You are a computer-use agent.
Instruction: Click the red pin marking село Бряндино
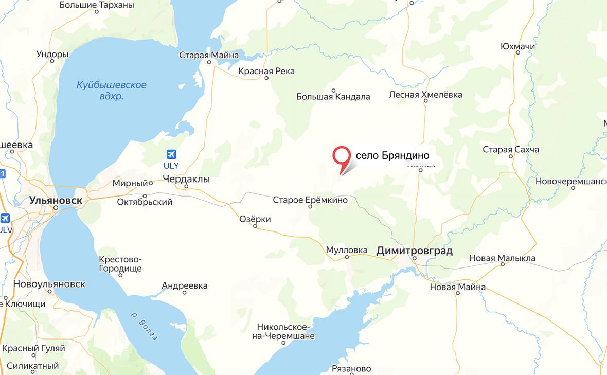click(341, 157)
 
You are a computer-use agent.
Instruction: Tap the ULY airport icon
click(171, 154)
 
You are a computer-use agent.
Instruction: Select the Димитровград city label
click(415, 251)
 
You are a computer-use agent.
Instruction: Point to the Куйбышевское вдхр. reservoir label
click(111, 91)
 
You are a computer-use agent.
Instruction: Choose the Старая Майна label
click(209, 56)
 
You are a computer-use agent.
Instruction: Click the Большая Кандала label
click(333, 96)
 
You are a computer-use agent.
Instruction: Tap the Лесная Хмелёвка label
click(425, 95)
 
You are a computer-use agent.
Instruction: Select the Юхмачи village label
click(517, 47)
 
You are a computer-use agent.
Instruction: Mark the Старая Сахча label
click(511, 150)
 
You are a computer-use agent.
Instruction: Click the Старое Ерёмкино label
click(310, 200)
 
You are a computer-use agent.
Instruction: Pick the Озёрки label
click(255, 219)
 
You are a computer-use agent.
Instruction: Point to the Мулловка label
click(347, 251)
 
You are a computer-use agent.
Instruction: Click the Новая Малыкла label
click(503, 258)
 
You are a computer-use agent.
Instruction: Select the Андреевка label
click(185, 285)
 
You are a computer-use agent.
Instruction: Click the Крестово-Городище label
click(120, 264)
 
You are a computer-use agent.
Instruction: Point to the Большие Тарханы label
click(97, 5)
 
